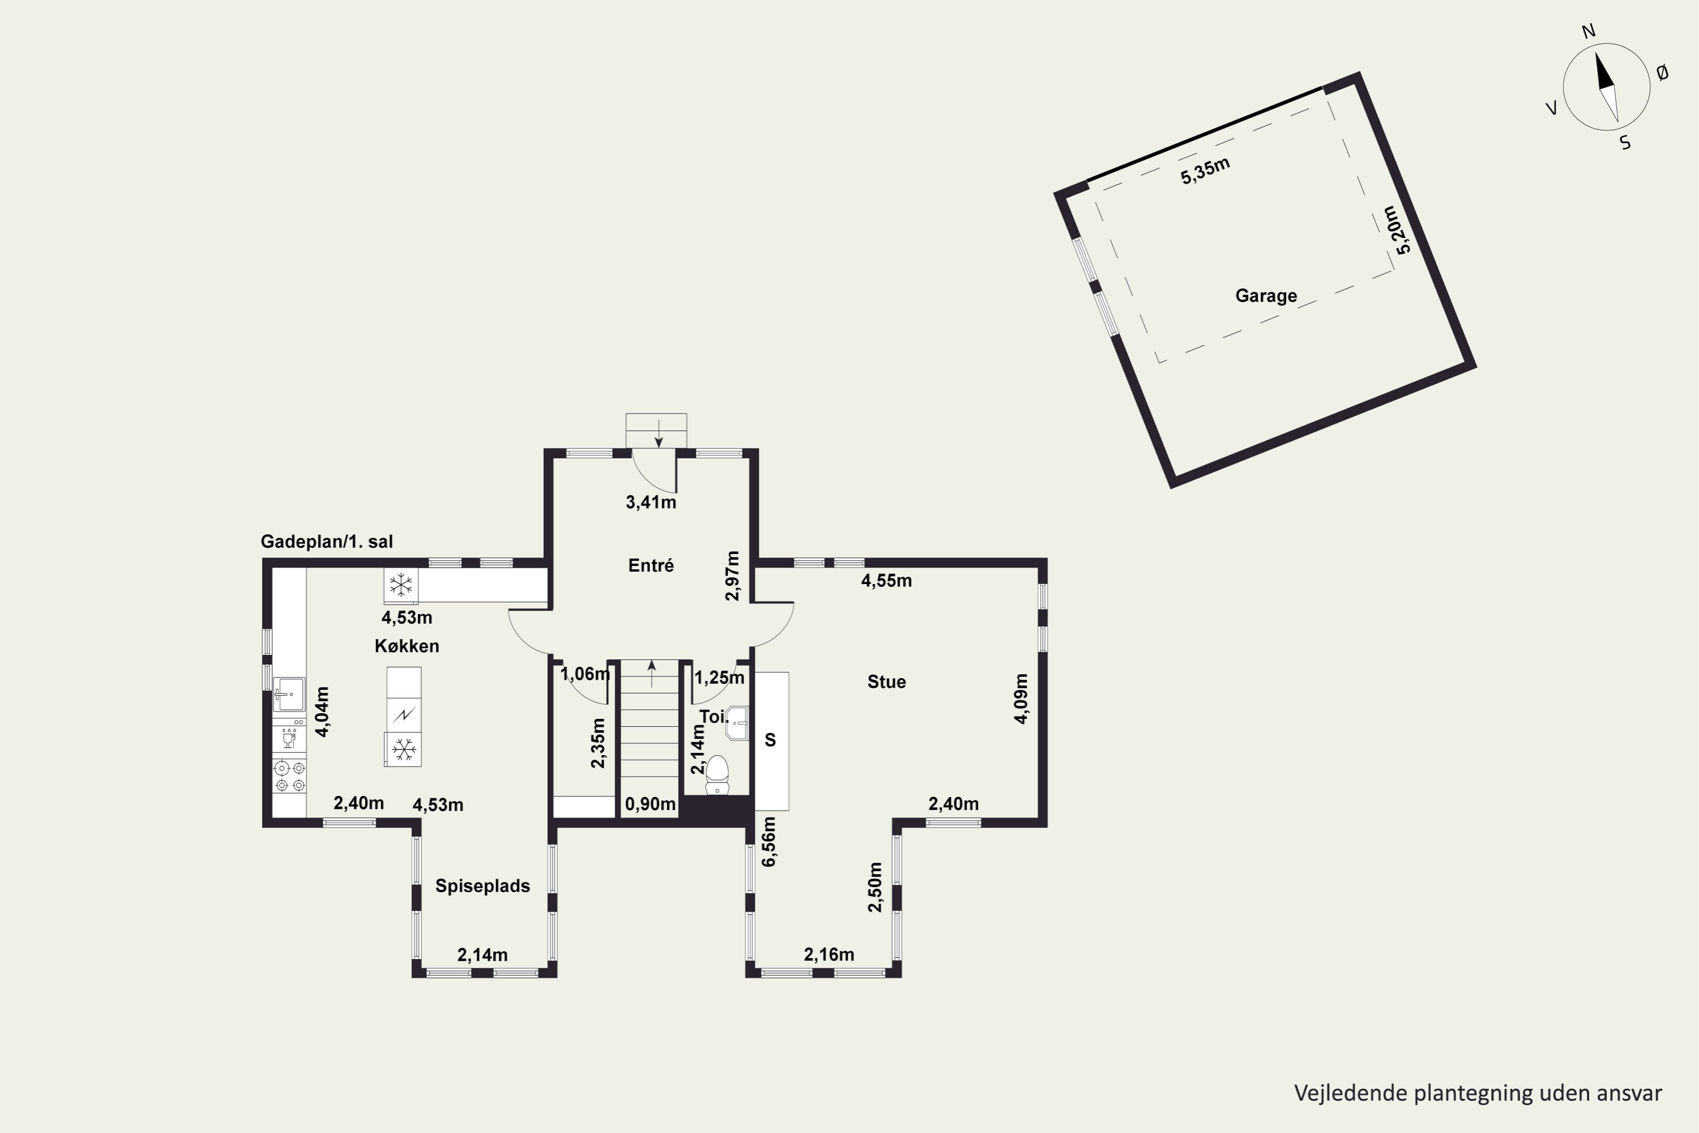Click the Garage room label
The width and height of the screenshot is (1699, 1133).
pyautogui.click(x=1266, y=296)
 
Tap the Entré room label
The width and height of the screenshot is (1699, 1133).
pyautogui.click(x=651, y=565)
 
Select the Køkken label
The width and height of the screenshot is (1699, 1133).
pyautogui.click(x=407, y=646)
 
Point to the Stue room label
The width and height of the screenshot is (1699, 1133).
pyautogui.click(x=886, y=681)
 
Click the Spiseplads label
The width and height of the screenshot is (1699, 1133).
pyautogui.click(x=483, y=886)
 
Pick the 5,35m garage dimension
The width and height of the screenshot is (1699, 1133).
pyautogui.click(x=1205, y=171)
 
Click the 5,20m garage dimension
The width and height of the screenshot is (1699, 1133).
pyautogui.click(x=1400, y=230)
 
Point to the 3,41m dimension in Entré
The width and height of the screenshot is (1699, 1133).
pyautogui.click(x=651, y=502)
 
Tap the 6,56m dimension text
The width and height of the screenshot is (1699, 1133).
pyautogui.click(x=769, y=841)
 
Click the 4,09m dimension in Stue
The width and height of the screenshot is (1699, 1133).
pyautogui.click(x=1021, y=698)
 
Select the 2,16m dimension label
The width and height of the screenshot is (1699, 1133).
pyautogui.click(x=829, y=955)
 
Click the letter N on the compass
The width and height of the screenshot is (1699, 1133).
pyautogui.click(x=1589, y=31)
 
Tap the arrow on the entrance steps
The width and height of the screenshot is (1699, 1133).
pyautogui.click(x=659, y=433)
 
